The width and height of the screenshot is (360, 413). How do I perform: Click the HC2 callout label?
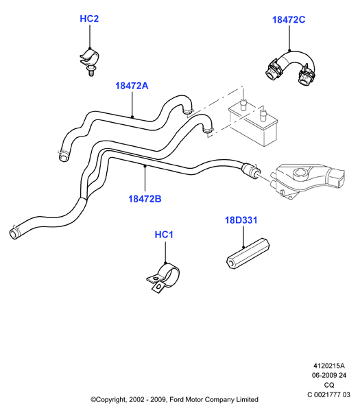coord(89,19)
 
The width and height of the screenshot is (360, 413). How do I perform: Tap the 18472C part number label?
coord(289,20)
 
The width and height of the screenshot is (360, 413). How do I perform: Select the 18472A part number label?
coord(132,86)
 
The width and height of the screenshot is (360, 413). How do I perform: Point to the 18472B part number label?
coord(145,199)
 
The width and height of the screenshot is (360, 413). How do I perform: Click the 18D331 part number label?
coord(241,220)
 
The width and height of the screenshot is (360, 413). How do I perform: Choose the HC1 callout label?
coord(164,235)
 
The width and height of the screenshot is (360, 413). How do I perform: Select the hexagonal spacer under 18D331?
coord(248,254)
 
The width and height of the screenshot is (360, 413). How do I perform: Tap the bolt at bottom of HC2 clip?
coord(91,71)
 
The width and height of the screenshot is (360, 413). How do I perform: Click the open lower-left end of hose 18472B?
coord(14,234)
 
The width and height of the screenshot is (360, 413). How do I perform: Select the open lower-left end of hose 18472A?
coord(63,157)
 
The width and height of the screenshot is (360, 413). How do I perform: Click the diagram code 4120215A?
coord(329,366)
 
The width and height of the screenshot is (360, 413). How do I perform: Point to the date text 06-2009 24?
coord(329,375)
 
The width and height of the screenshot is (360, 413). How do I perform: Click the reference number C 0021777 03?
coord(329,394)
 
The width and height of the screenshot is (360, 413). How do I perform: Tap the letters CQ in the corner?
coord(329,385)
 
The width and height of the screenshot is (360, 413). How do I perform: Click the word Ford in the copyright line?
coord(176,399)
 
